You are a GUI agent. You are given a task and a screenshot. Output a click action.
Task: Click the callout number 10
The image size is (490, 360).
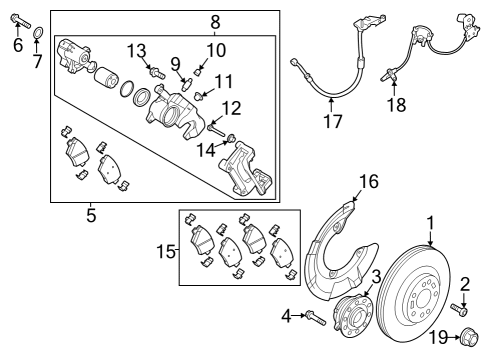pyautogui.click(x=216, y=50)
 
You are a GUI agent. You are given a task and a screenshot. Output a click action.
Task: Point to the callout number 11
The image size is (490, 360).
pyautogui.click(x=224, y=82)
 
